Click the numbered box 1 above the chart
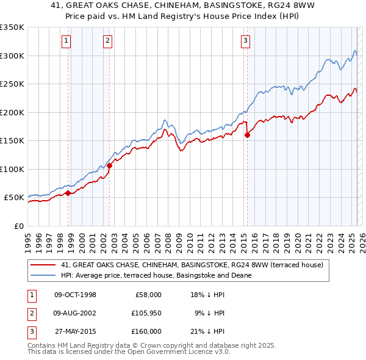click(x=66, y=41)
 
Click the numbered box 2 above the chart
click(x=107, y=41)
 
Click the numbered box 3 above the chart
click(x=245, y=41)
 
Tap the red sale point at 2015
click(x=247, y=135)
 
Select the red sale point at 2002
click(x=109, y=165)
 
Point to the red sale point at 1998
click(x=68, y=193)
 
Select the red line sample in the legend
click(x=43, y=265)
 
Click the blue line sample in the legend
click(x=43, y=275)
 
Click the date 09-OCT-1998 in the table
click(x=75, y=295)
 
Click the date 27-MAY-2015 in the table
click(x=75, y=331)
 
